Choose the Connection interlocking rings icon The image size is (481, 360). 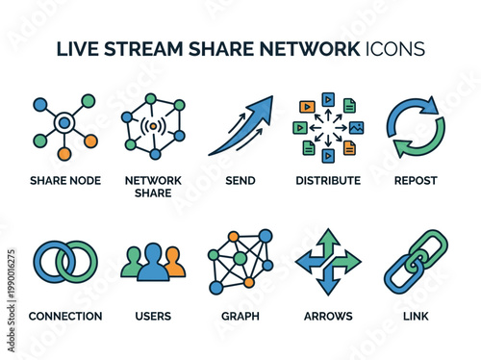pos(65,262)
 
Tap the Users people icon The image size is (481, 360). pos(153,263)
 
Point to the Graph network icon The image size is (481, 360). pos(240,261)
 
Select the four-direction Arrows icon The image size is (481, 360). pos(328,261)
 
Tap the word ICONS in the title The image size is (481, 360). pos(394,49)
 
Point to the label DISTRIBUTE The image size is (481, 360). pos(328,180)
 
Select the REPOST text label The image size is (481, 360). pos(416,180)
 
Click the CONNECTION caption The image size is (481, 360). pos(65,316)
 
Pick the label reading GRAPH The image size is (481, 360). pos(240,316)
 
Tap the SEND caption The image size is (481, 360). pos(240,180)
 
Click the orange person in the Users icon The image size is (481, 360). pos(174,263)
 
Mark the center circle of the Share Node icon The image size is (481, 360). pos(64,122)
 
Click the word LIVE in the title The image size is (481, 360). pos(81,49)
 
